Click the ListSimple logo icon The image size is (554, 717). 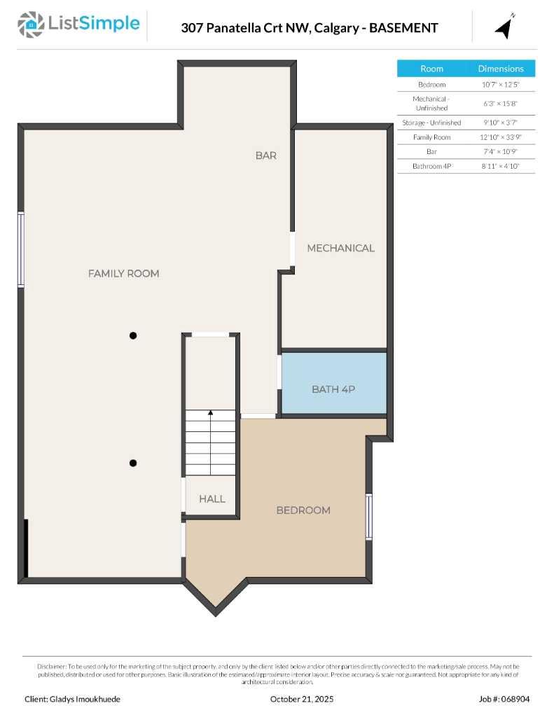click(30, 25)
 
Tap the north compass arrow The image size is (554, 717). click(504, 27)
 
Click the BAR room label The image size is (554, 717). click(265, 155)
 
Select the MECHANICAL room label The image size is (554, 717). click(340, 248)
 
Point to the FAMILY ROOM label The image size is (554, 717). click(123, 274)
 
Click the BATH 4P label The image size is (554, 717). click(333, 389)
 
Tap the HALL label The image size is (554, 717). click(212, 499)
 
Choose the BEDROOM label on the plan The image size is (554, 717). click(303, 510)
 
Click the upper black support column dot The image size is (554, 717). click(133, 335)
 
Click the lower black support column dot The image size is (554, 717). click(133, 463)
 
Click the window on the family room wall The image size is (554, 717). click(21, 250)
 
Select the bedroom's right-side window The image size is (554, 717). click(369, 516)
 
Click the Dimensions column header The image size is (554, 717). click(501, 69)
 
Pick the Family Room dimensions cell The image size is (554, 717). click(500, 137)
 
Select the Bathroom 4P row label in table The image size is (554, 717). click(431, 167)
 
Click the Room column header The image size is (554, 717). click(431, 69)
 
